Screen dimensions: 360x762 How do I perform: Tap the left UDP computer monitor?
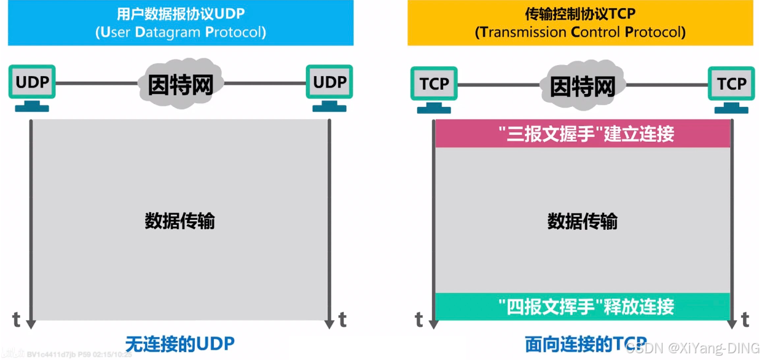[x=32, y=83]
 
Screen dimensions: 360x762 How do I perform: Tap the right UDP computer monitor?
[x=329, y=83]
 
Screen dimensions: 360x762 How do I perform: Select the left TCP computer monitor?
[x=434, y=84]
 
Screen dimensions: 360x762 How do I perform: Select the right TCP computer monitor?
[x=731, y=84]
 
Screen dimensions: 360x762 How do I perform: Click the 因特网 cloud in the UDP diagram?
[x=180, y=84]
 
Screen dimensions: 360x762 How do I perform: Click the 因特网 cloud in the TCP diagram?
[x=582, y=85]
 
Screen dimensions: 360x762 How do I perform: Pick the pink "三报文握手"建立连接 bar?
[x=582, y=134]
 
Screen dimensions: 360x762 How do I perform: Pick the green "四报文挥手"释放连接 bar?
[x=582, y=306]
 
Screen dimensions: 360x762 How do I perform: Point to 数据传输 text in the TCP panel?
[x=582, y=221]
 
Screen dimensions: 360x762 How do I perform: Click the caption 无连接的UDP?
[x=180, y=343]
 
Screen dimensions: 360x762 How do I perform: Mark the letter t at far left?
[x=17, y=319]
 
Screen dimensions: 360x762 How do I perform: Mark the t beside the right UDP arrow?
[x=342, y=319]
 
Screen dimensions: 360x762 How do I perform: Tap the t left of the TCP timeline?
[x=419, y=319]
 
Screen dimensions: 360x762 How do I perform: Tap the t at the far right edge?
[x=745, y=319]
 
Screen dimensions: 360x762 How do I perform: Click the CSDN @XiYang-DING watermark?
[x=694, y=348]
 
